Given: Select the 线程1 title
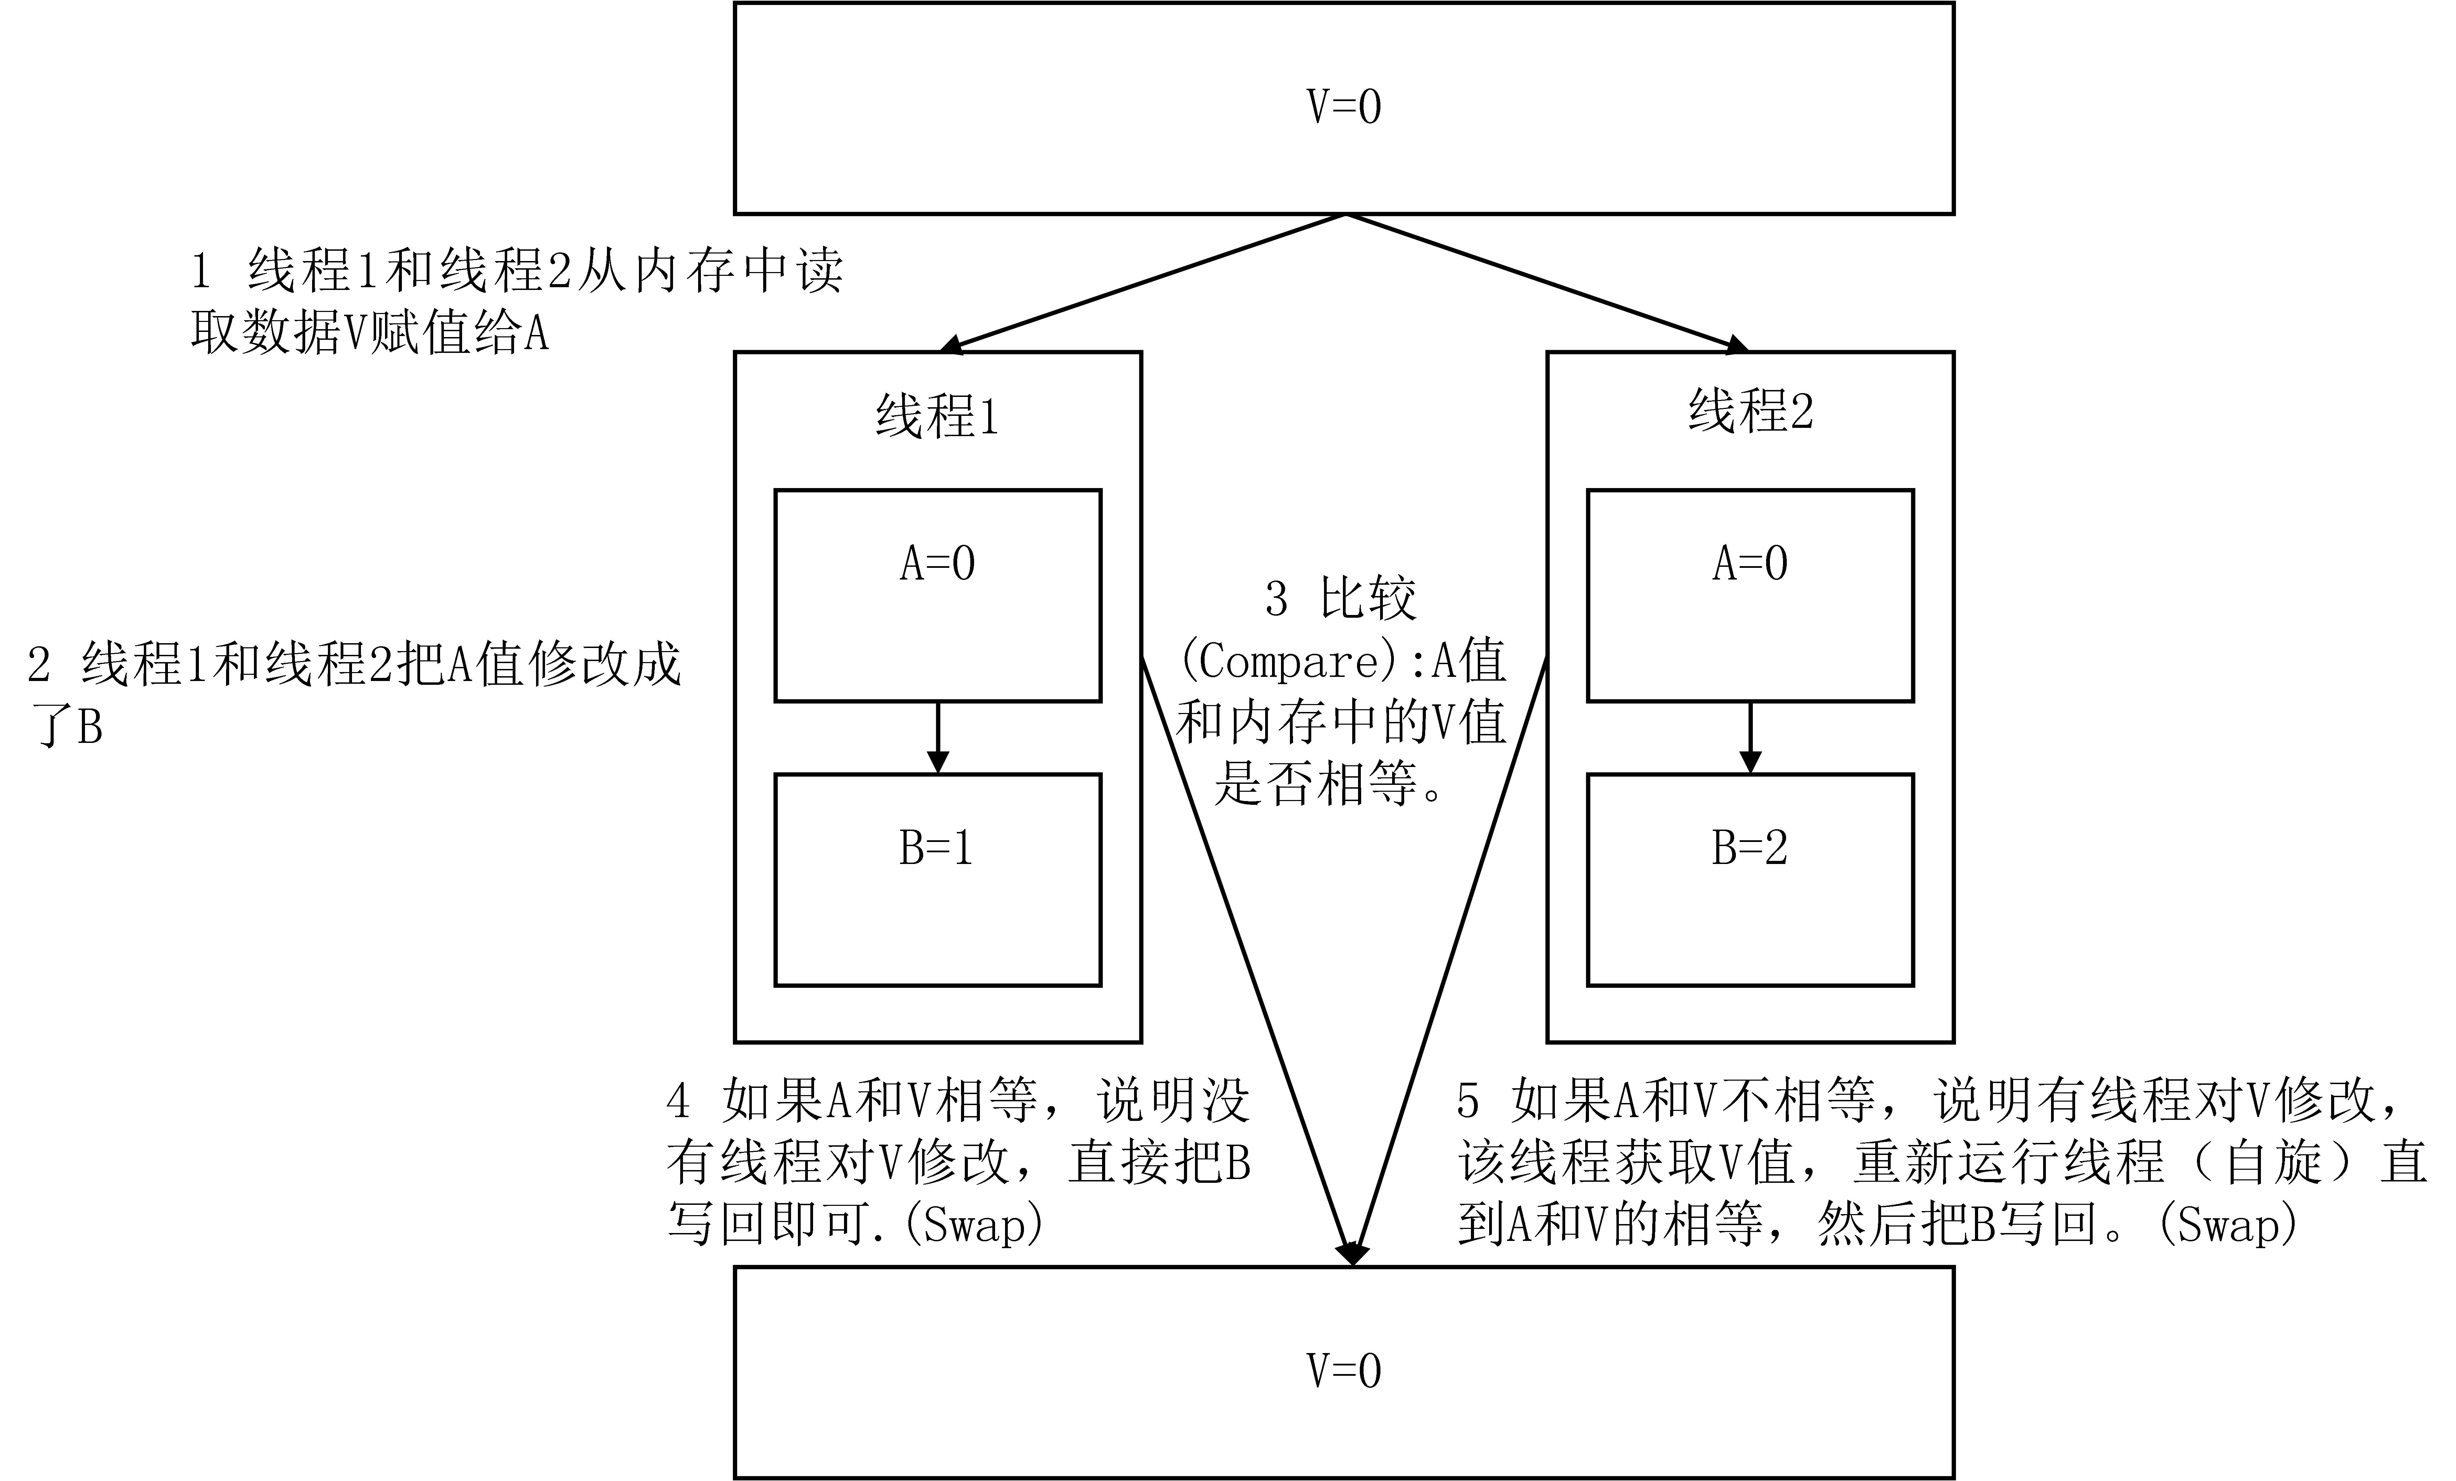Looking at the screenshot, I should (x=937, y=415).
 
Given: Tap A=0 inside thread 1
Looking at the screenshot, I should (x=937, y=564).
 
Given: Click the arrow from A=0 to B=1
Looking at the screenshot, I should (x=937, y=737).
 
